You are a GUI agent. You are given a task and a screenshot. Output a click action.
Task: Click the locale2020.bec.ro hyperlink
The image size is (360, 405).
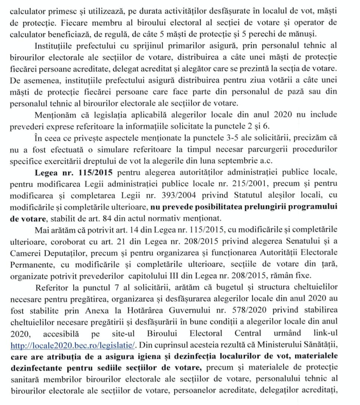(73, 345)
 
